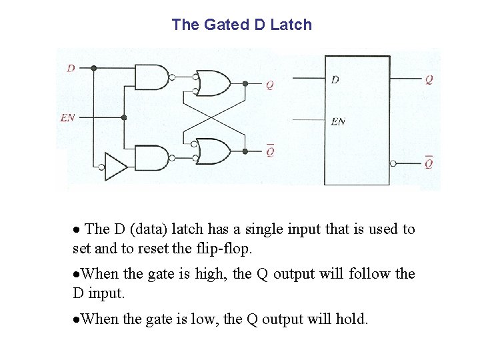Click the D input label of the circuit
[x=71, y=68]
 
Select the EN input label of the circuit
[x=67, y=117]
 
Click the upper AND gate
[x=152, y=77]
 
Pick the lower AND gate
[x=152, y=158]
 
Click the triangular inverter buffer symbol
[x=115, y=167]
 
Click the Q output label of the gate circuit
[x=269, y=85]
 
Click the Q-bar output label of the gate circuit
[x=269, y=151]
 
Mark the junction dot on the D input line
[x=93, y=68]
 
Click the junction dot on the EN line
[x=124, y=117]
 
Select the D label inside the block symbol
[x=335, y=79]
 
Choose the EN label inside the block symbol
[x=338, y=122]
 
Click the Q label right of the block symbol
[x=429, y=79]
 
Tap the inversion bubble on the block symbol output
[x=394, y=163]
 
